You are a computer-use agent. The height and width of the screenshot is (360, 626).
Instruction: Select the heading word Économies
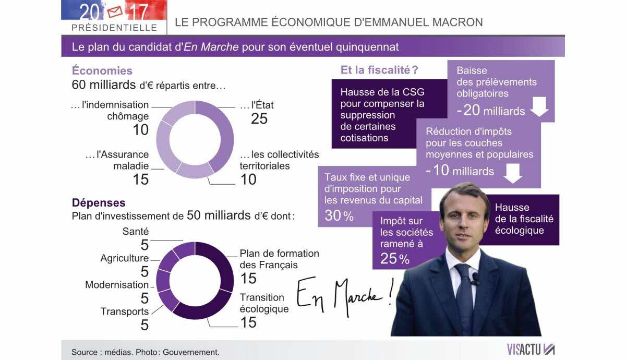coord(102,71)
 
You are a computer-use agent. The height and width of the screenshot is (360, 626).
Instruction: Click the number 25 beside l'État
coord(259,119)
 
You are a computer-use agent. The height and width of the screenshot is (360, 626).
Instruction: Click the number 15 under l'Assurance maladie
coord(141,179)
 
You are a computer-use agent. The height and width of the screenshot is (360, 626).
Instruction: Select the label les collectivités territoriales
coord(279,161)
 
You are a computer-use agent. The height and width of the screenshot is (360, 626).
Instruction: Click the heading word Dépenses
coord(99,202)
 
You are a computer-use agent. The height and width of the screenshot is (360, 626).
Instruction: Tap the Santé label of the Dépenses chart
coord(136,231)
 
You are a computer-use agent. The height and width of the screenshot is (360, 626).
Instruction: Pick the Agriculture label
coord(125,258)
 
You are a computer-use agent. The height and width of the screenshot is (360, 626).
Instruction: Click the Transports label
coord(125,311)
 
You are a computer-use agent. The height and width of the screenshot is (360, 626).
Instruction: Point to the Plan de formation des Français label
coord(279,259)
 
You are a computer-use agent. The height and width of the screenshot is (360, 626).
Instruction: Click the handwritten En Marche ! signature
coord(345,296)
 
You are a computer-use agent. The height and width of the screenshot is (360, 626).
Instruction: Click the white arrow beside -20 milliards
coord(539,107)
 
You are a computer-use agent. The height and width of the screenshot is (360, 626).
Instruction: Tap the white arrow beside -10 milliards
coord(513,173)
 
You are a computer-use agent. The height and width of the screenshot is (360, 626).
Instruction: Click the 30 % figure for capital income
coord(339,215)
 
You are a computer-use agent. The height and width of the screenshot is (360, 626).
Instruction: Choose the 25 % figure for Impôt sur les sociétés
coord(395,258)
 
